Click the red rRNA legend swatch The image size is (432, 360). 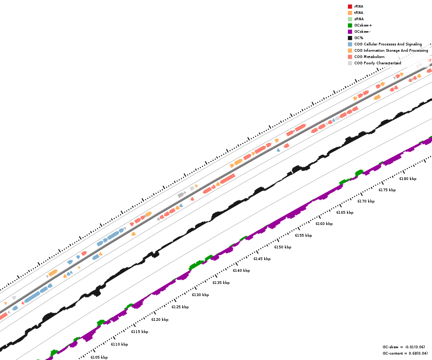coord(350,6)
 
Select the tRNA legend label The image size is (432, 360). coord(359,13)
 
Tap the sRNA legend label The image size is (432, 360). coord(359,19)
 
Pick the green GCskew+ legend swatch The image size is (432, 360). coord(350,25)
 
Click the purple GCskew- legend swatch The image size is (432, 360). coord(350,31)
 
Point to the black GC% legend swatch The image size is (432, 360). coord(350,38)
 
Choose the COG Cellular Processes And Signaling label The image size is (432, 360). coord(388,44)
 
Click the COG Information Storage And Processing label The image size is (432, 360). coord(391,50)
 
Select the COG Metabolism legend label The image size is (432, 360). coord(369,57)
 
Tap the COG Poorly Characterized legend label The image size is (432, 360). coord(378,63)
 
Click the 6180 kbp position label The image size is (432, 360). coord(408,179)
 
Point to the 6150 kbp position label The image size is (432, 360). coord(283,247)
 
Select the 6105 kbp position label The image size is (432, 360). coord(99,357)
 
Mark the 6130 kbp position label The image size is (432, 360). coord(200,295)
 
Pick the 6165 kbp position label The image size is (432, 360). coord(345,212)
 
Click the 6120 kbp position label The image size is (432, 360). coord(160,319)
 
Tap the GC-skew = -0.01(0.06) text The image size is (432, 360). coord(404,347)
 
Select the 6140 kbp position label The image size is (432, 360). coord(241,270)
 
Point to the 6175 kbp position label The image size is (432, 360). coord(387,190)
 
